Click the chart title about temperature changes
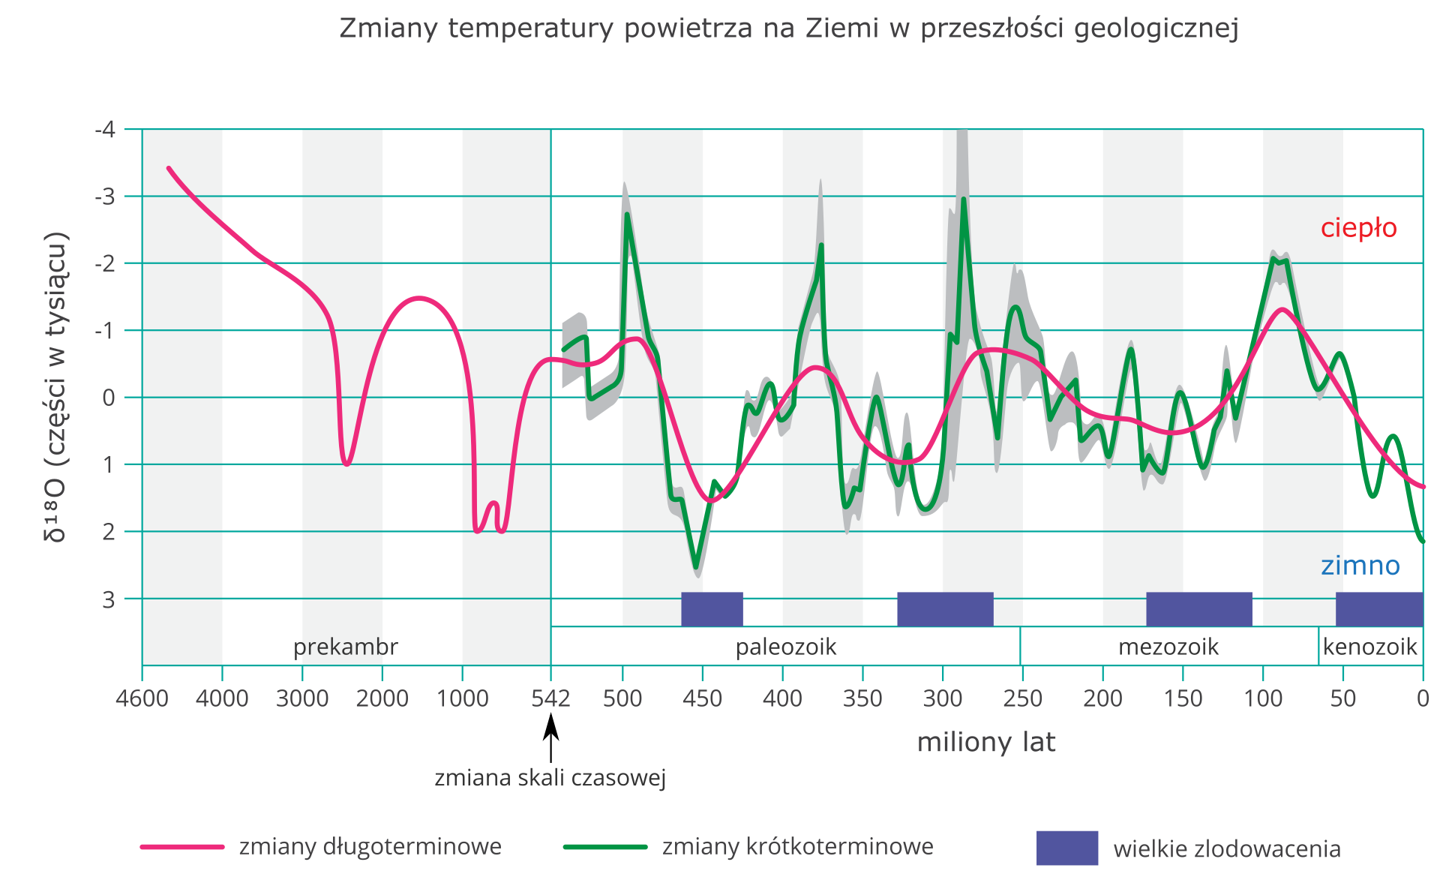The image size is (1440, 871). (x=788, y=29)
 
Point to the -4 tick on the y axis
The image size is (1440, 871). (x=106, y=130)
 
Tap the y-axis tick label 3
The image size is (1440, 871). (x=109, y=599)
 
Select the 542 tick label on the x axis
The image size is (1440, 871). (x=550, y=699)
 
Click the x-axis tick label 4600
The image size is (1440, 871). (x=142, y=699)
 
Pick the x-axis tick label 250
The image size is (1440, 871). (x=1022, y=699)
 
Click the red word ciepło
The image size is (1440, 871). (x=1358, y=227)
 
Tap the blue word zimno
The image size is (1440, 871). (x=1360, y=565)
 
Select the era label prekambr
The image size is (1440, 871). (x=345, y=647)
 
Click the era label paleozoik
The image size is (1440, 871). (x=785, y=647)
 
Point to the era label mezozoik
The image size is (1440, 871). (x=1168, y=647)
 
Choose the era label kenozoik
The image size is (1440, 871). (x=1369, y=647)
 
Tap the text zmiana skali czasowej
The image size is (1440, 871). (x=550, y=777)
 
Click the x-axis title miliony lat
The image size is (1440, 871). (x=985, y=742)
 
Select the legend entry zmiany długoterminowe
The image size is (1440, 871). (x=370, y=846)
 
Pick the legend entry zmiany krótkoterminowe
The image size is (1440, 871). (x=797, y=846)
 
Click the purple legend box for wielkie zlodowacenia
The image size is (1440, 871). (x=1066, y=848)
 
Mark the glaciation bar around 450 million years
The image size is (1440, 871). (x=712, y=609)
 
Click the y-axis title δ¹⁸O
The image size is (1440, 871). (x=56, y=386)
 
